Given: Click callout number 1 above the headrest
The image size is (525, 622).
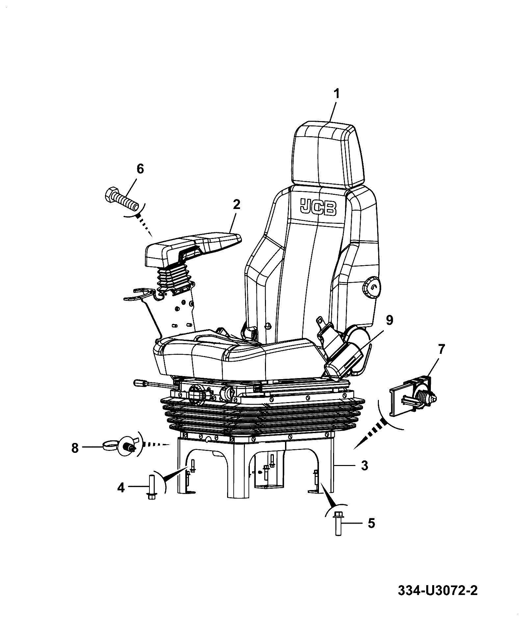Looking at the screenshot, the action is point(336,94).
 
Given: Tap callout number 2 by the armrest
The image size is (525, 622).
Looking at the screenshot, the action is point(236,205).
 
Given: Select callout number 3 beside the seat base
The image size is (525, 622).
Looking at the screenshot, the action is point(364,465).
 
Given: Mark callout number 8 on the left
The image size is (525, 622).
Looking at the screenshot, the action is point(75,448).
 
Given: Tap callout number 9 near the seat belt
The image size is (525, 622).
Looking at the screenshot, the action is point(389,320).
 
